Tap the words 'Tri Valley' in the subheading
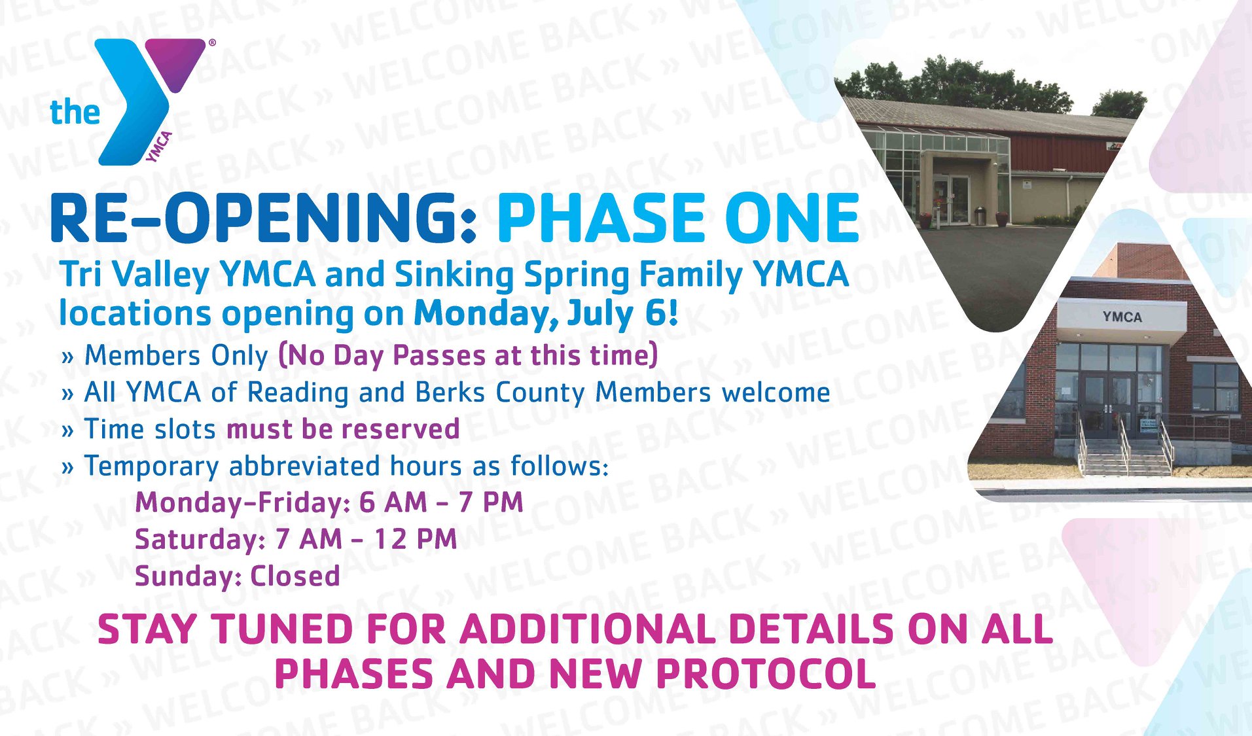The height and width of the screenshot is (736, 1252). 134,275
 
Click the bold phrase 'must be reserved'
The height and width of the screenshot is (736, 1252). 343,429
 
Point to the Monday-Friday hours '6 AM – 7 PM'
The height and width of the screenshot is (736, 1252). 441,502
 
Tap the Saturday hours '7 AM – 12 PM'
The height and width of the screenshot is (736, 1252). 366,539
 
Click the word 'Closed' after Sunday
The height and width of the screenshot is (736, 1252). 295,576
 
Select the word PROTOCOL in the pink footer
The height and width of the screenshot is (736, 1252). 766,674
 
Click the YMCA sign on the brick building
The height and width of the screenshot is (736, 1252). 1122,317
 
